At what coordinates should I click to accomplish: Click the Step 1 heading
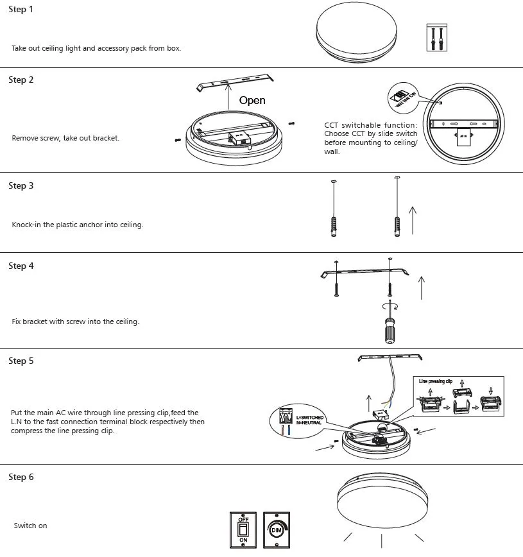pos(21,10)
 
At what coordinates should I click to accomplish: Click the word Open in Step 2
pos(252,101)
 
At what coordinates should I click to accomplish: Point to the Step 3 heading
pos(21,186)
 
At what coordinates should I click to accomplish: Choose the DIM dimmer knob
pos(277,529)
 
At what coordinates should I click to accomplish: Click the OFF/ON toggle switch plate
pos(243,529)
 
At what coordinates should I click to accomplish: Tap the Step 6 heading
pos(21,477)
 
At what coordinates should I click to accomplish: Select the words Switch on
pos(30,526)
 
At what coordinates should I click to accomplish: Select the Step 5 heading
pos(21,361)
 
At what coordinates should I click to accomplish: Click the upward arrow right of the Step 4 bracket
pos(421,287)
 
